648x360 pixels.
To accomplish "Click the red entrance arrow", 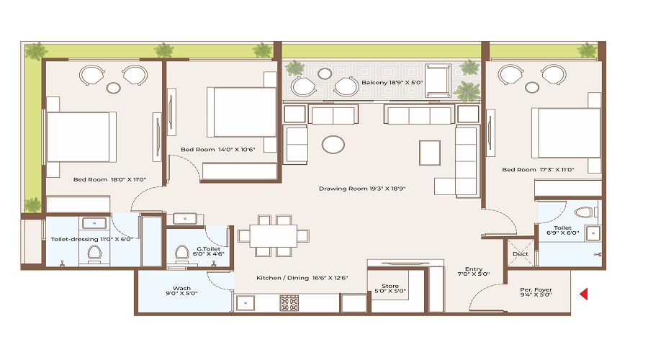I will (x=585, y=293).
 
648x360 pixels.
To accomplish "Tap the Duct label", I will (x=520, y=253).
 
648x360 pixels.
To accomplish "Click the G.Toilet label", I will (x=211, y=250).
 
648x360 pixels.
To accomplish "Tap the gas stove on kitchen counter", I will (x=289, y=302).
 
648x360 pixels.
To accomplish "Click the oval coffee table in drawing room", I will (x=333, y=145).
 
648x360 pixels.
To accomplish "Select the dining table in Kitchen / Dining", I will (x=274, y=235).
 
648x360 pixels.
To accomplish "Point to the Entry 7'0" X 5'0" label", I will (x=473, y=270).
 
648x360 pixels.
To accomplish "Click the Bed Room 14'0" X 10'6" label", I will (x=218, y=149).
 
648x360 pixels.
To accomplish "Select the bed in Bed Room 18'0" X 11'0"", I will (x=79, y=136).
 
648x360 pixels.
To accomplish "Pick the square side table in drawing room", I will (x=430, y=151).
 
